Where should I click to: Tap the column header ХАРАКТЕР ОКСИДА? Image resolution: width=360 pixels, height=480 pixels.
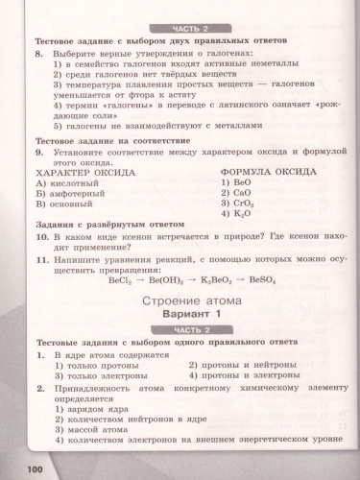pos(88,169)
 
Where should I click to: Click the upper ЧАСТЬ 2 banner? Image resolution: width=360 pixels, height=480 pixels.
pos(180,31)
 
